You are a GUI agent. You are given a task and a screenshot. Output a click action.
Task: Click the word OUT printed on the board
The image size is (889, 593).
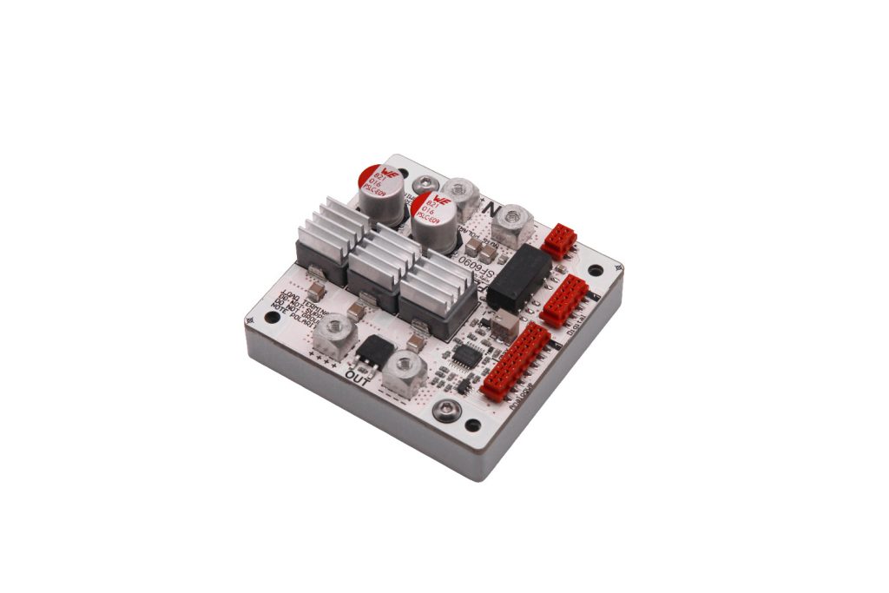[358, 375]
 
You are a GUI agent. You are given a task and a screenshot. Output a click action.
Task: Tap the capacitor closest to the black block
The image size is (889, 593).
[432, 221]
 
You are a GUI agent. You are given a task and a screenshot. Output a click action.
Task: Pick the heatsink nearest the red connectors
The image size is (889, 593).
[438, 291]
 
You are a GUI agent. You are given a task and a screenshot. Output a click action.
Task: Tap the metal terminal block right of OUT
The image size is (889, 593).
[403, 371]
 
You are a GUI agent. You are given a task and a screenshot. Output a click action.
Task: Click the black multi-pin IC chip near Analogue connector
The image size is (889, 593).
[468, 356]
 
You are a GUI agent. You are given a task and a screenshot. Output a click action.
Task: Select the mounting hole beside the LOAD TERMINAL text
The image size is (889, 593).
[272, 318]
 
